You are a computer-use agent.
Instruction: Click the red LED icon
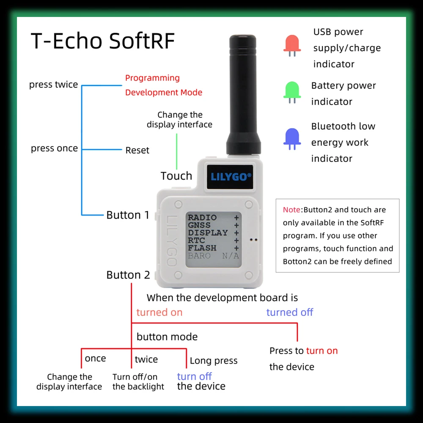292,45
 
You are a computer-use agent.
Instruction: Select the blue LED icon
292,138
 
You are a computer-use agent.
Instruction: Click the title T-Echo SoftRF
103,41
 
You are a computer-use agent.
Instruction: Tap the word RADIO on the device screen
202,217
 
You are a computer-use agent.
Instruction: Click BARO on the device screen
199,255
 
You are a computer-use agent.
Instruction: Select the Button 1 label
128,215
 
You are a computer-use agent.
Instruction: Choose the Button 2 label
128,275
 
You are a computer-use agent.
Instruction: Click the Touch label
176,176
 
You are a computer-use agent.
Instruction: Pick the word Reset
137,150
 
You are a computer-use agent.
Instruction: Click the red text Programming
152,78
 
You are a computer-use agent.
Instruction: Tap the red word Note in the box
291,209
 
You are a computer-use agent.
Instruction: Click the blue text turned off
290,312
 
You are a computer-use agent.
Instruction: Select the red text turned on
159,312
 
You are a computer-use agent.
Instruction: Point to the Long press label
214,361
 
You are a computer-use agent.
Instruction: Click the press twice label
53,85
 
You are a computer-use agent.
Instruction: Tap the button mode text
167,337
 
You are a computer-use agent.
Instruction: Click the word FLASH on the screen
202,248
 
